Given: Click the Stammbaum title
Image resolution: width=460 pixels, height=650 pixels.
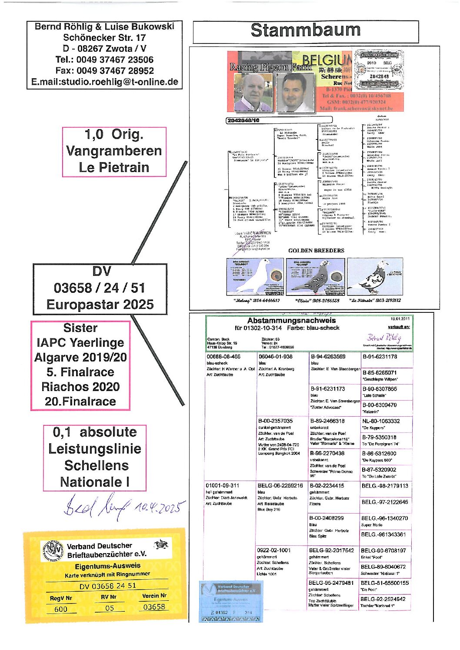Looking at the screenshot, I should tap(305, 30).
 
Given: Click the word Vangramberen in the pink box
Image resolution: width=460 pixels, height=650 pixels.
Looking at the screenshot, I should tap(114, 151).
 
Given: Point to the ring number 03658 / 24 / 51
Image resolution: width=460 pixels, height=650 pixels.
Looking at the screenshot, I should tap(100, 288).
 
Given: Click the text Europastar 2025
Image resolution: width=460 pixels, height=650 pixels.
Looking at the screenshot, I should tap(100, 304).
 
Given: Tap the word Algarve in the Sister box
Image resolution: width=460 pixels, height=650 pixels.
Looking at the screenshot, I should tap(58, 357).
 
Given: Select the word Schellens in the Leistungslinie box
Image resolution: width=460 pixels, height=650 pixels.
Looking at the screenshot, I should tap(96, 465).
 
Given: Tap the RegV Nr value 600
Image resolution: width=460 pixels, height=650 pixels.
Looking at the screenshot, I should tap(61, 609).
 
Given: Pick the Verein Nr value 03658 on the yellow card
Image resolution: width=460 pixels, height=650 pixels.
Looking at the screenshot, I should tap(154, 607).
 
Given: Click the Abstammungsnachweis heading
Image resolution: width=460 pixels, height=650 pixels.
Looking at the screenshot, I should tap(291, 321).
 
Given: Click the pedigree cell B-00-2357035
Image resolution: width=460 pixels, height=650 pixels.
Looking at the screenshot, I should tap(275, 421).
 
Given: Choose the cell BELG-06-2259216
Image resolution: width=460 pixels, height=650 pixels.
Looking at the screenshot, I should tap(280, 485).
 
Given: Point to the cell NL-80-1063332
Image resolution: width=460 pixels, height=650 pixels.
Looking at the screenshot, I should tap(380, 421).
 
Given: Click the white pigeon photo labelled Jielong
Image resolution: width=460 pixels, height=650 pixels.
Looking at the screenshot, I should tap(255, 277).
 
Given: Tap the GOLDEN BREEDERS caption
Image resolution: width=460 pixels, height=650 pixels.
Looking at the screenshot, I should tap(316, 250).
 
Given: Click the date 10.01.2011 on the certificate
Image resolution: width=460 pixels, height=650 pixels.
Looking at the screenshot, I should tap(400, 318).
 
